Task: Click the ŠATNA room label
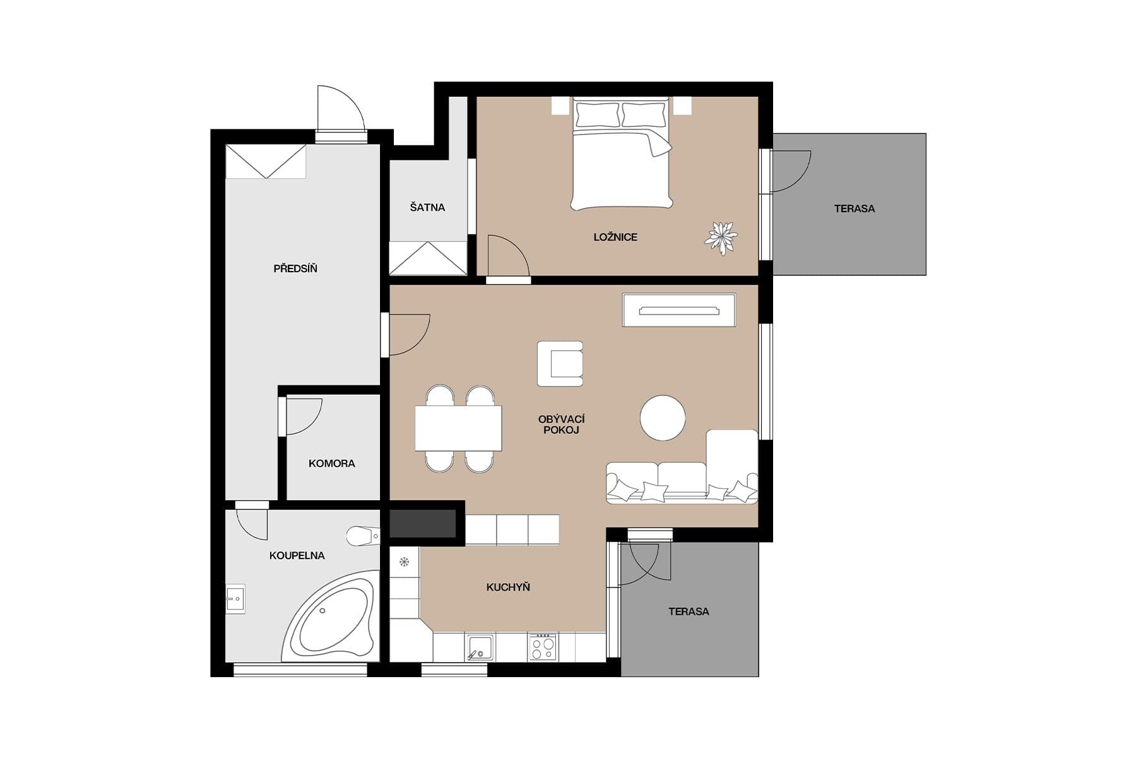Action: click(427, 207)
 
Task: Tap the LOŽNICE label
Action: click(615, 238)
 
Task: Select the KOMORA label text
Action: click(331, 464)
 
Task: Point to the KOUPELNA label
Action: click(297, 556)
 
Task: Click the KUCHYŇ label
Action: click(507, 587)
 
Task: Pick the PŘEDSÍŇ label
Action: click(295, 269)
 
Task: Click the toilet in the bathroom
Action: click(363, 536)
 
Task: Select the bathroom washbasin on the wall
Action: click(235, 598)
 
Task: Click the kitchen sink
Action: click(480, 647)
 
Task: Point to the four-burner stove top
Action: click(542, 647)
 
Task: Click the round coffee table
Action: click(662, 418)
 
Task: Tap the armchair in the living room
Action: click(560, 364)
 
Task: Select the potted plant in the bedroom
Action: click(721, 238)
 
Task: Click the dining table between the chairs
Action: click(458, 428)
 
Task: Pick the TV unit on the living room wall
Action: click(678, 310)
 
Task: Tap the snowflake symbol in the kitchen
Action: click(405, 561)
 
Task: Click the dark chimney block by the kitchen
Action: click(422, 523)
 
